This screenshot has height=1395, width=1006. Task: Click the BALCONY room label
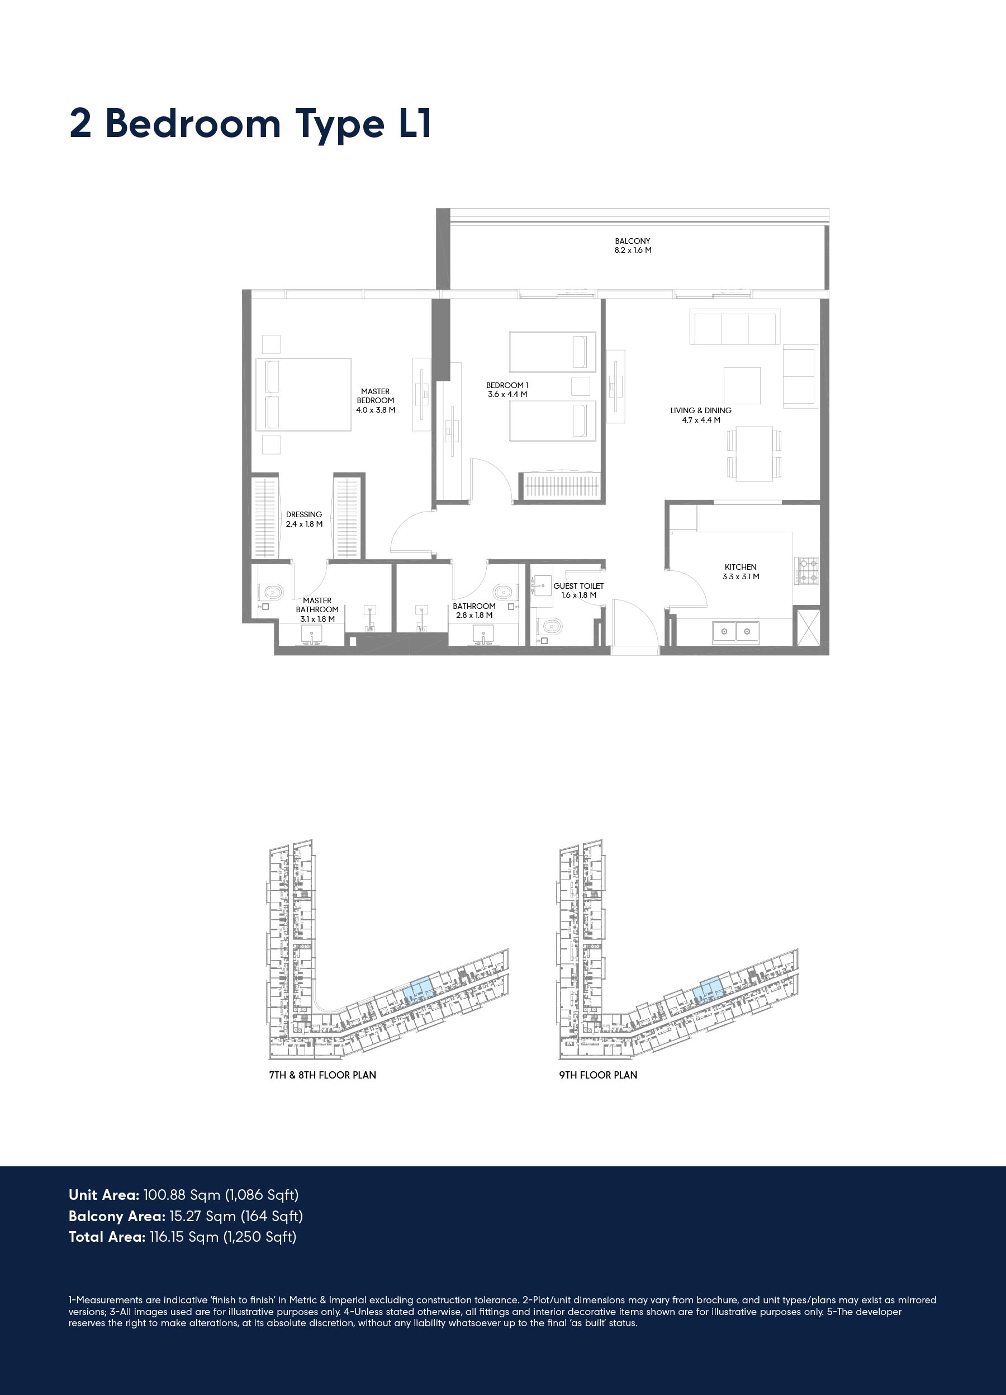632,241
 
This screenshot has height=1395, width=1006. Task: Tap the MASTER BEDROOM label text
375,395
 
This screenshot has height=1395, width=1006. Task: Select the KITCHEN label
741,567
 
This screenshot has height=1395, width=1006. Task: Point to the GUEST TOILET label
578,586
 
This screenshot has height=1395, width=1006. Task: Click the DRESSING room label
304,515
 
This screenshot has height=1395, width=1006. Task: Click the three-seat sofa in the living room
735,327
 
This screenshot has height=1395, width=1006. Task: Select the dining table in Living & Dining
754,454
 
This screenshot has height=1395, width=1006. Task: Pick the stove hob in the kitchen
808,570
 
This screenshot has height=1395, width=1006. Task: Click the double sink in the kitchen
735,632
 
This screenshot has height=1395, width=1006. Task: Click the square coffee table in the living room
742,386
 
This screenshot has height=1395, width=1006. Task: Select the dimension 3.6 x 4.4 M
507,394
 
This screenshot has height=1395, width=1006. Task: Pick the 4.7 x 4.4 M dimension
701,420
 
